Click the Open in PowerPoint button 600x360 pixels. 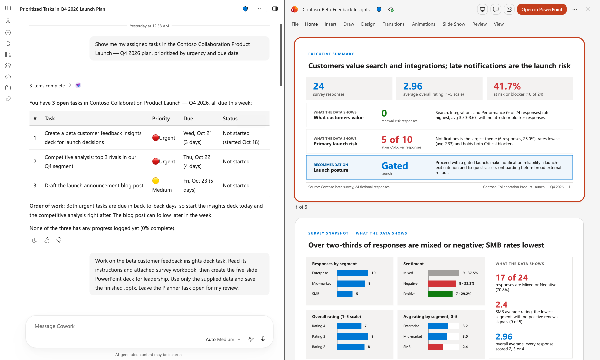542,9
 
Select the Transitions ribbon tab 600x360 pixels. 393,24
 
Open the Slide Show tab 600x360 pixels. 454,24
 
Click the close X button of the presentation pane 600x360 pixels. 588,9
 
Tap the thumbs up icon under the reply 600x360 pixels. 47,240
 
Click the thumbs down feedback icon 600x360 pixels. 59,240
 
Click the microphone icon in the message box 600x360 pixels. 263,339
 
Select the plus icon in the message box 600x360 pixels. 36,339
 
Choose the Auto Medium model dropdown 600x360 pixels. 223,339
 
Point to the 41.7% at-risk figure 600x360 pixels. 507,86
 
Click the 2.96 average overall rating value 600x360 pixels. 413,86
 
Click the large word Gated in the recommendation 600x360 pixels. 395,166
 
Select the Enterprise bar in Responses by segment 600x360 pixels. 353,273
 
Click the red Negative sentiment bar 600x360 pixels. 442,283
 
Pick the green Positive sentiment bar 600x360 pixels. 440,294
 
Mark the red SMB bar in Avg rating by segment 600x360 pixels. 436,347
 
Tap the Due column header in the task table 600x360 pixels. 188,118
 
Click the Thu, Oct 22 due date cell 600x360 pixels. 197,157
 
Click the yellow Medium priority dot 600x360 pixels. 156,181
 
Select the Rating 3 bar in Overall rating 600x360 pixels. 353,336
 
